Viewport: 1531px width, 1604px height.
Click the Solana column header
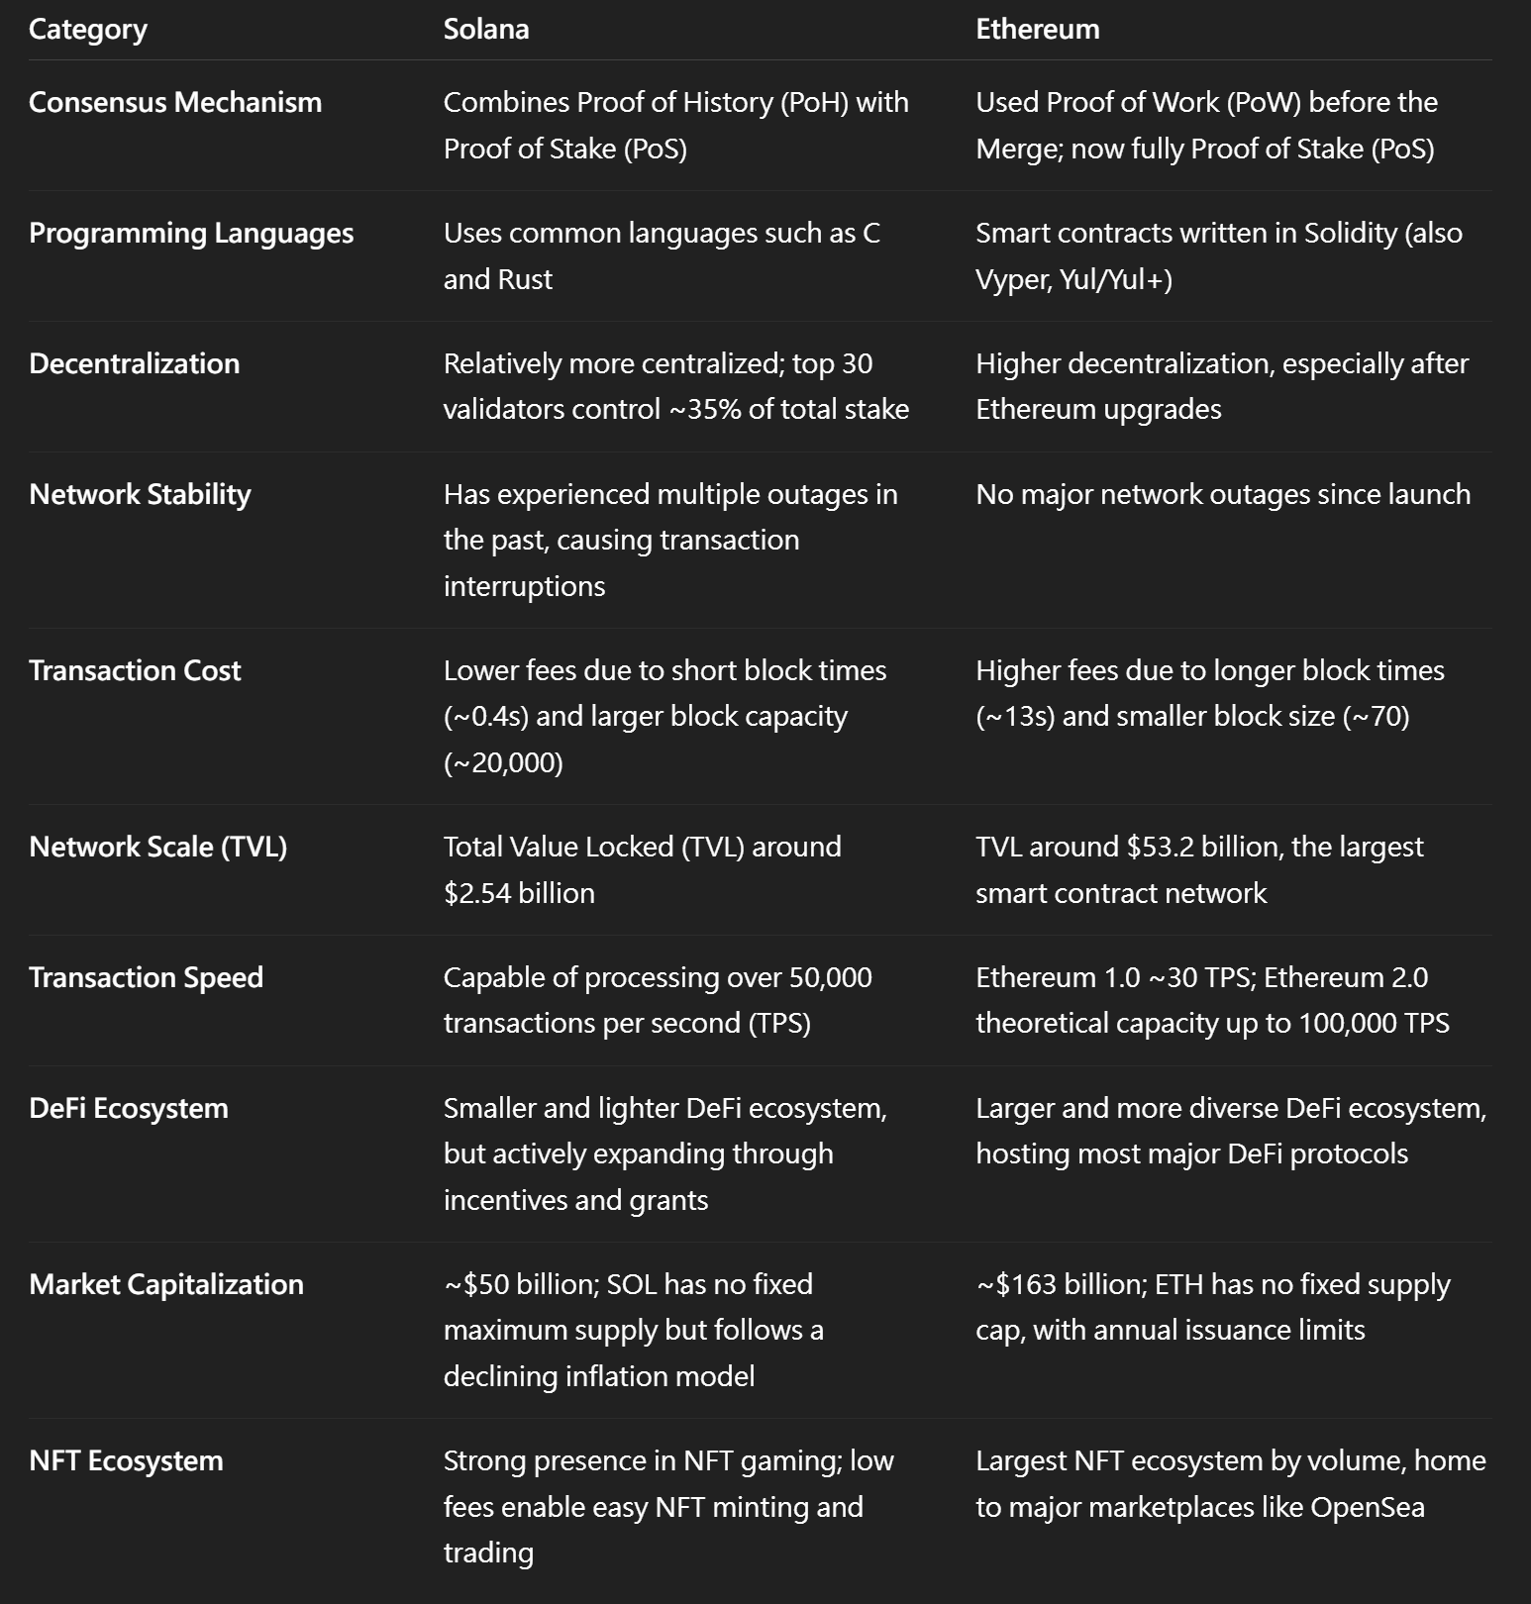[485, 30]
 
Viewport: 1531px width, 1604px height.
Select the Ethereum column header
[1037, 30]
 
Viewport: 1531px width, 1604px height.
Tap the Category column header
[88, 30]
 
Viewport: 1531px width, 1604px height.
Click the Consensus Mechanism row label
[175, 102]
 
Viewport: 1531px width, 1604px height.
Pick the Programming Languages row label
[191, 233]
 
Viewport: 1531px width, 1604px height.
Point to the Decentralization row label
[134, 363]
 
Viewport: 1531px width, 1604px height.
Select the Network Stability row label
[140, 494]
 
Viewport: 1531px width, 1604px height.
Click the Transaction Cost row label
[135, 670]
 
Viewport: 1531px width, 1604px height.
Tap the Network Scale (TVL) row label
[157, 847]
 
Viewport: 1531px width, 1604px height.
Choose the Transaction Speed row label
[146, 977]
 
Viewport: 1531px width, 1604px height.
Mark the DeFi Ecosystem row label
[129, 1108]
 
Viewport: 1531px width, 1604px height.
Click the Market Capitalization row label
[166, 1284]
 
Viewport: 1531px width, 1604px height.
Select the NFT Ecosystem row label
[126, 1460]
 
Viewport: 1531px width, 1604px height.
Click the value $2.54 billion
[519, 893]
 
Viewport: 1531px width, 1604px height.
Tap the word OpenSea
[1367, 1507]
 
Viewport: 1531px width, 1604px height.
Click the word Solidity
[1350, 233]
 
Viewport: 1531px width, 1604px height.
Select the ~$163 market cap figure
[1015, 1284]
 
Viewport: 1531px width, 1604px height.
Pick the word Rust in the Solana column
[525, 279]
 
